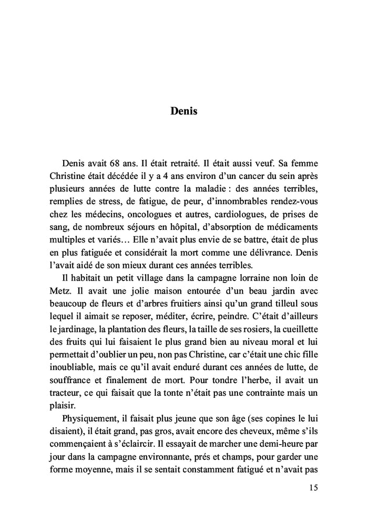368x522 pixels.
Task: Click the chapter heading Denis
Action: [184, 112]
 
